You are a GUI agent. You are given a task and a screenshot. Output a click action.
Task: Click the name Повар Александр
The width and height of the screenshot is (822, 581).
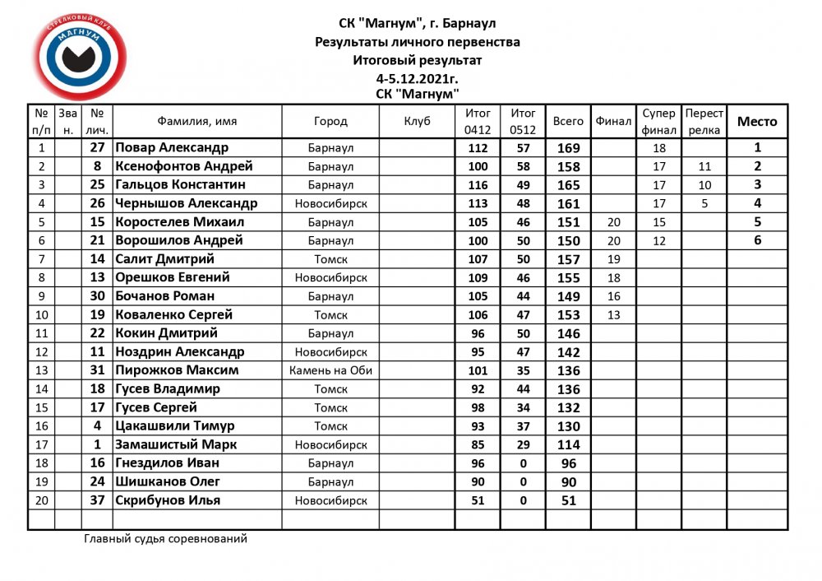point(172,148)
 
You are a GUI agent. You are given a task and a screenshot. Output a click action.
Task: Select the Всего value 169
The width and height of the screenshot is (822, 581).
point(568,149)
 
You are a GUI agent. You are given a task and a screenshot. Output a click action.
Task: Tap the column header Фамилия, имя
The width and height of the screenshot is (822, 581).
point(197,121)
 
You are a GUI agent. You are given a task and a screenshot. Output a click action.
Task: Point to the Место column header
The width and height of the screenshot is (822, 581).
point(757,121)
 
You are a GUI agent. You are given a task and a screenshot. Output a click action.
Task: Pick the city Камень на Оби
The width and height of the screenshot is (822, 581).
point(330,370)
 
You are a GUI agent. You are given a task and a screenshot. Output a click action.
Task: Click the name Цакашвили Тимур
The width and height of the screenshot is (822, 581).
point(175,426)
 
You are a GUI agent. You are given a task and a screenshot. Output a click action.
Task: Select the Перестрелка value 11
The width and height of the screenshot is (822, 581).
point(704,167)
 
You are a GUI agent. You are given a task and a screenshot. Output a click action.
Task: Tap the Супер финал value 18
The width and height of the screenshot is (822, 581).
point(658,148)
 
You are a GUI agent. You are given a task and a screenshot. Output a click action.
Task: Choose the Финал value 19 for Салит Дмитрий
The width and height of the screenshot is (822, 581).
point(613,259)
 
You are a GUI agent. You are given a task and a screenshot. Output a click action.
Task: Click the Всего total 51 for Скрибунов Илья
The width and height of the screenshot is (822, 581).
point(568,500)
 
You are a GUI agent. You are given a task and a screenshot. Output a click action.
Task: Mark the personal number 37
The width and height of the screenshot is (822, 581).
point(97,500)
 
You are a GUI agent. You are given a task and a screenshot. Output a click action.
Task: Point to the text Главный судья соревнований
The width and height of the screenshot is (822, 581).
point(165,539)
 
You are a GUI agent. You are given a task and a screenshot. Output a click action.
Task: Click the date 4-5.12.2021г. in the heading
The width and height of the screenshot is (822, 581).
point(418,78)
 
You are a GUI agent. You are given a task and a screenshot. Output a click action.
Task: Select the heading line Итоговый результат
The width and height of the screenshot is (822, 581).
point(418,60)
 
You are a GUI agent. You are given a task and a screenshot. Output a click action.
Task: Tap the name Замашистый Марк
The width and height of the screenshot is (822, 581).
point(177,444)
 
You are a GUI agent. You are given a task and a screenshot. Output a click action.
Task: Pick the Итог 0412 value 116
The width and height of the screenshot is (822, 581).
point(478,185)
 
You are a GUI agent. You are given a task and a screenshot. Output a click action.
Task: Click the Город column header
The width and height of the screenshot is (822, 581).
point(330,121)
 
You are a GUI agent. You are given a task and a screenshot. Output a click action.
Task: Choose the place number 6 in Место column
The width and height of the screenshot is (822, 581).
point(757,241)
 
